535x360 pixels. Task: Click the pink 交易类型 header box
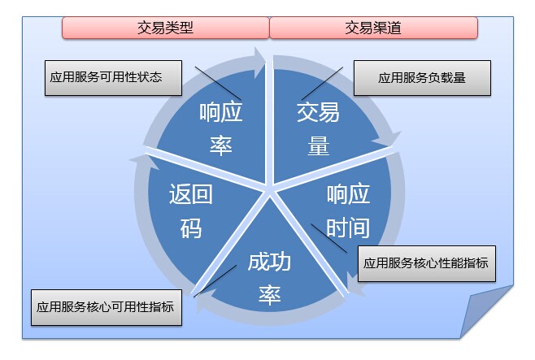pyautogui.click(x=165, y=28)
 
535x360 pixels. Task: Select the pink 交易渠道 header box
pyautogui.click(x=373, y=28)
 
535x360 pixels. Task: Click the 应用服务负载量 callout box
pyautogui.click(x=422, y=79)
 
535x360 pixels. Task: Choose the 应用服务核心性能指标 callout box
pyautogui.click(x=426, y=263)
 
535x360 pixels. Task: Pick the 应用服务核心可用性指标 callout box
pyautogui.click(x=105, y=309)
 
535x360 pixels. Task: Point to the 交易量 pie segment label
pyautogui.click(x=318, y=128)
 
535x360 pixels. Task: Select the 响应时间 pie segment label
pyautogui.click(x=348, y=210)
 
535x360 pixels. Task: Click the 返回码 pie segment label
pyautogui.click(x=190, y=210)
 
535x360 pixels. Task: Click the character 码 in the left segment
pyautogui.click(x=190, y=228)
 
